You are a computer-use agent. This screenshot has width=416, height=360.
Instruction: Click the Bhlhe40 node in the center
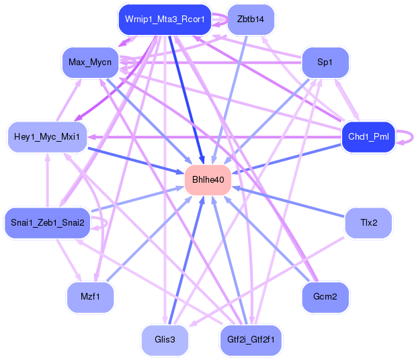click(208, 180)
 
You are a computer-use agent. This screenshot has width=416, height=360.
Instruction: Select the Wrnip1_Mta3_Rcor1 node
click(165, 19)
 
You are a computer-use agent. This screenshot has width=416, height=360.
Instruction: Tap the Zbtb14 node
click(251, 19)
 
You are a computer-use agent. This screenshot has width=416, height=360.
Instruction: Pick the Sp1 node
click(325, 62)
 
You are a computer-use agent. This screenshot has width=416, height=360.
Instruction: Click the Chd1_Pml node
click(368, 137)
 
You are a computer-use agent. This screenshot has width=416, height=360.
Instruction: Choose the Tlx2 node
click(368, 223)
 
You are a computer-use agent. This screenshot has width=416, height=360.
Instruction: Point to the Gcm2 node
click(325, 297)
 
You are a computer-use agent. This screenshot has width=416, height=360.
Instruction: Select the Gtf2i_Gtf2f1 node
click(251, 340)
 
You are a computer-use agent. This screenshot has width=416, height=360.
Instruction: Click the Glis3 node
click(165, 340)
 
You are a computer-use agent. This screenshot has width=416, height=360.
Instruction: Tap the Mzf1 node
click(90, 297)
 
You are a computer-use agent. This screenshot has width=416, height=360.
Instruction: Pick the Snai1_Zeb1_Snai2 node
click(48, 223)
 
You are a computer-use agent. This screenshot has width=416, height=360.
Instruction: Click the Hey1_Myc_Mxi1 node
click(47, 137)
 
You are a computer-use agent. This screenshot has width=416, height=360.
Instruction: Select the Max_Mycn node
click(90, 62)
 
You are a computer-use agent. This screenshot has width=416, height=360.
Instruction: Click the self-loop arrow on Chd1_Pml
click(412, 137)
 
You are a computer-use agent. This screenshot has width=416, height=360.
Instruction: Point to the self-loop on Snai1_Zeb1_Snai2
click(106, 223)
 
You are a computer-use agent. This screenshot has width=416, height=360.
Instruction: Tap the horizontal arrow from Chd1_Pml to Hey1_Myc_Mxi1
click(214, 137)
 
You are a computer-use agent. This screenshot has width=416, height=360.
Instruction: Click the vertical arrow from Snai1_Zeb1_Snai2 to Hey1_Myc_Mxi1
click(48, 180)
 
